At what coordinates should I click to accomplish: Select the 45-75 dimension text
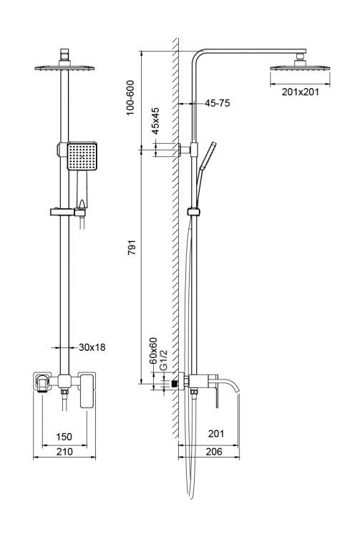[x=218, y=103]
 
